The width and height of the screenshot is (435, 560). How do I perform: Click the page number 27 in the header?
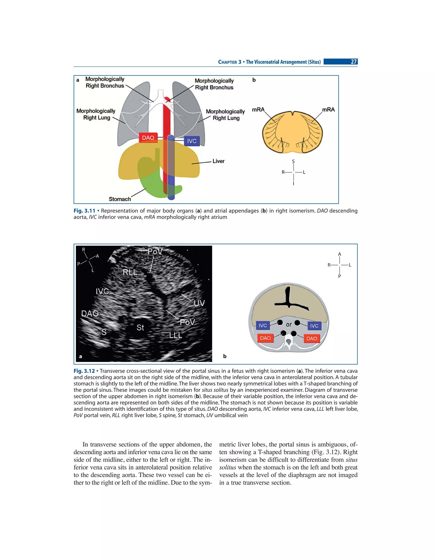point(354,62)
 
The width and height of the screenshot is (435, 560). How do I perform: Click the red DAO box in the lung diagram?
point(148,138)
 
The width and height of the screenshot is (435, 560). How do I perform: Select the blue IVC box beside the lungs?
point(192,141)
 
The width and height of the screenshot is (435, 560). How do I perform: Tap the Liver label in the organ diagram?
point(218,161)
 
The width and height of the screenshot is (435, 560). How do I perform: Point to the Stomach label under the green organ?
point(120,199)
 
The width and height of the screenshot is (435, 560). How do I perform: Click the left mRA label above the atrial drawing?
point(258,110)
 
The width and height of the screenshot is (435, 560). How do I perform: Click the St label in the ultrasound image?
point(140,327)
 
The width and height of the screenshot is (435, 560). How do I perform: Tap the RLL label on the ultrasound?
point(130,272)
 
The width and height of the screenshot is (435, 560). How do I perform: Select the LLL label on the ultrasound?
point(175,335)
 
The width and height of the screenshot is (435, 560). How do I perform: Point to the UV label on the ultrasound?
point(199,303)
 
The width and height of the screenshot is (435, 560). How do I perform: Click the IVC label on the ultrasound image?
point(102,292)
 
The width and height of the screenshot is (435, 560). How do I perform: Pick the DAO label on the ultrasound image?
point(90,314)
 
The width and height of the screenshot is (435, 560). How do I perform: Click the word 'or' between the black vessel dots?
point(289,325)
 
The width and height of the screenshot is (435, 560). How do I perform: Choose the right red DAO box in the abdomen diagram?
point(312,338)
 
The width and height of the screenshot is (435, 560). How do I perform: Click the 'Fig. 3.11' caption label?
point(84,211)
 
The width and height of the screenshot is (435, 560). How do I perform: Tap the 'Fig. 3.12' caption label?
point(84,371)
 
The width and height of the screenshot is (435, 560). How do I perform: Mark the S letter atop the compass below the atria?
point(293,161)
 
